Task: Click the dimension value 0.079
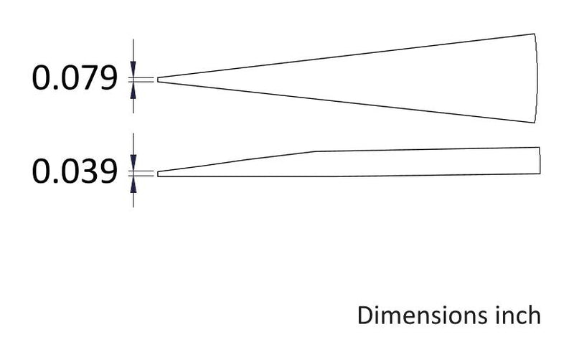[x=74, y=79]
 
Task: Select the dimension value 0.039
[x=74, y=173]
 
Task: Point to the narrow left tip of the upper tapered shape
[x=159, y=79]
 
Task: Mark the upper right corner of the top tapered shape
[x=535, y=34]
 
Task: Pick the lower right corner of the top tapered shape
[x=535, y=123]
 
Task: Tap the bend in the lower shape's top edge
[x=316, y=151]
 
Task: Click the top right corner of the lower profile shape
[x=540, y=147]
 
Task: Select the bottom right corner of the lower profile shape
[x=540, y=174]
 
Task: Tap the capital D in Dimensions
[x=366, y=316]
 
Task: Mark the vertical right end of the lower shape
[x=540, y=161]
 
